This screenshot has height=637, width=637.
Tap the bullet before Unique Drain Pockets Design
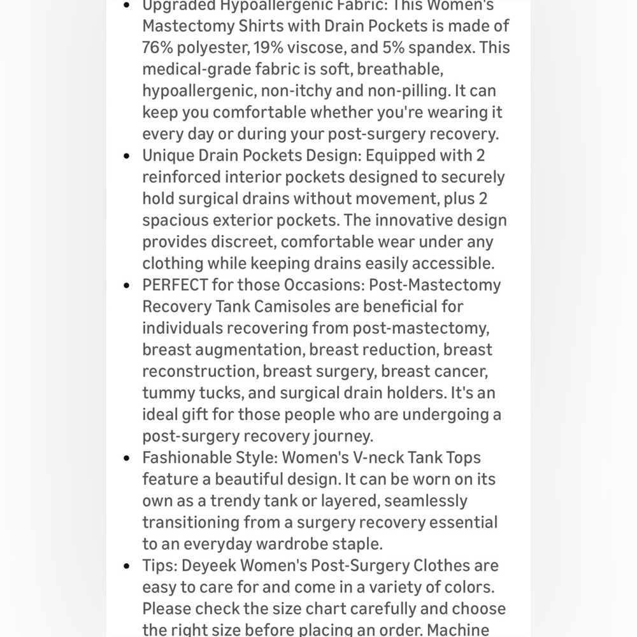pyautogui.click(x=128, y=156)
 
